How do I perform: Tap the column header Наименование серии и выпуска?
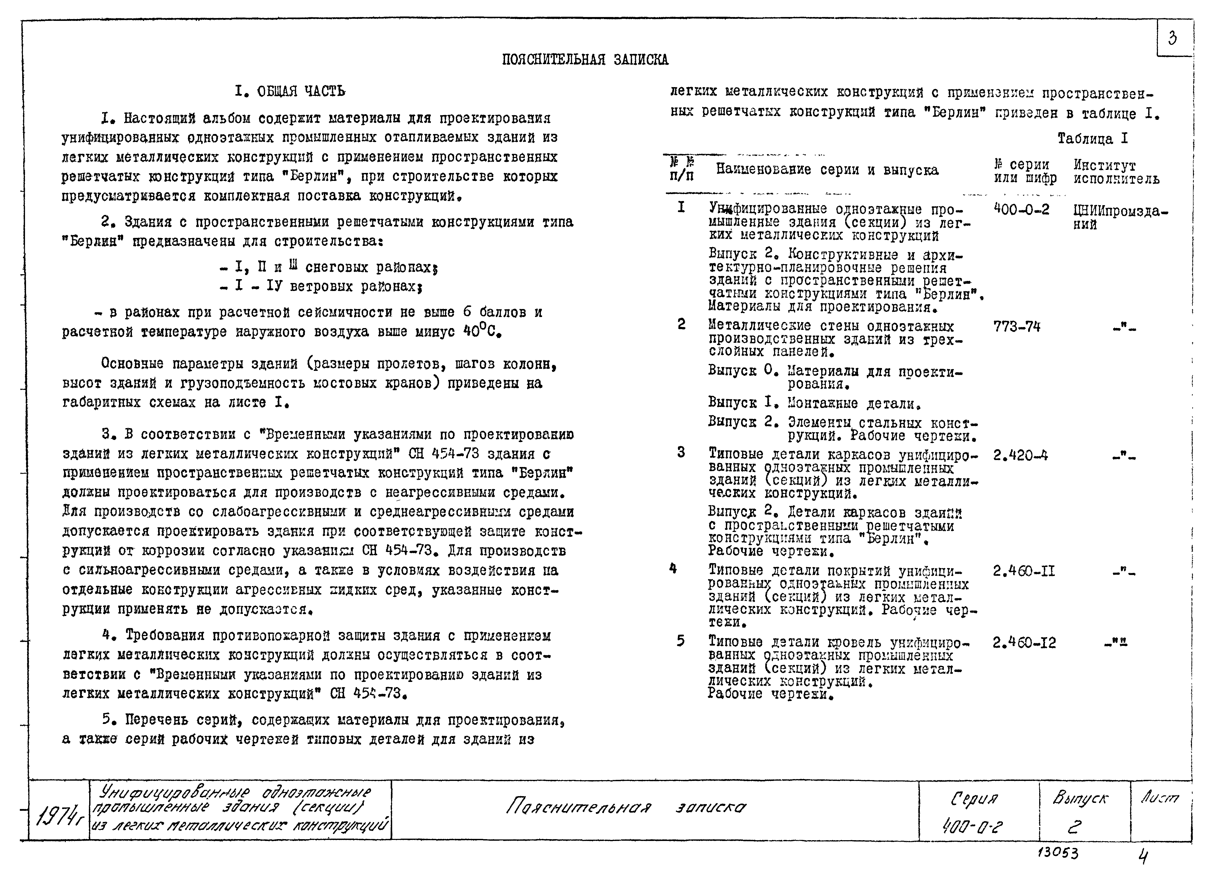(x=827, y=170)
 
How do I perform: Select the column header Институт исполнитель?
(x=1116, y=172)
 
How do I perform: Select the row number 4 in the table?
(x=674, y=568)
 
